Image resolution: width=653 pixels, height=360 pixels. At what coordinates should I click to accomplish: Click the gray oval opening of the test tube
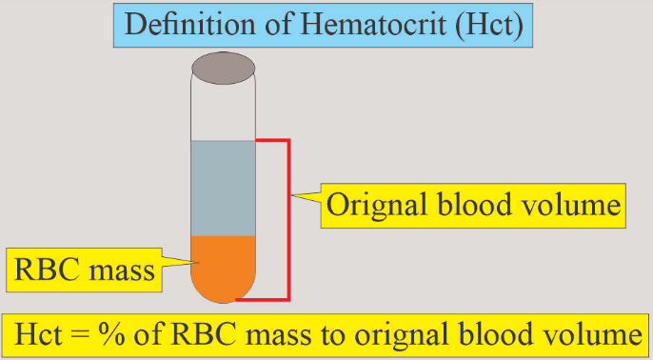(223, 67)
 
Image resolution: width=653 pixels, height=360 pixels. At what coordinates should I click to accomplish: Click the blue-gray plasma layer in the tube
(223, 187)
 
